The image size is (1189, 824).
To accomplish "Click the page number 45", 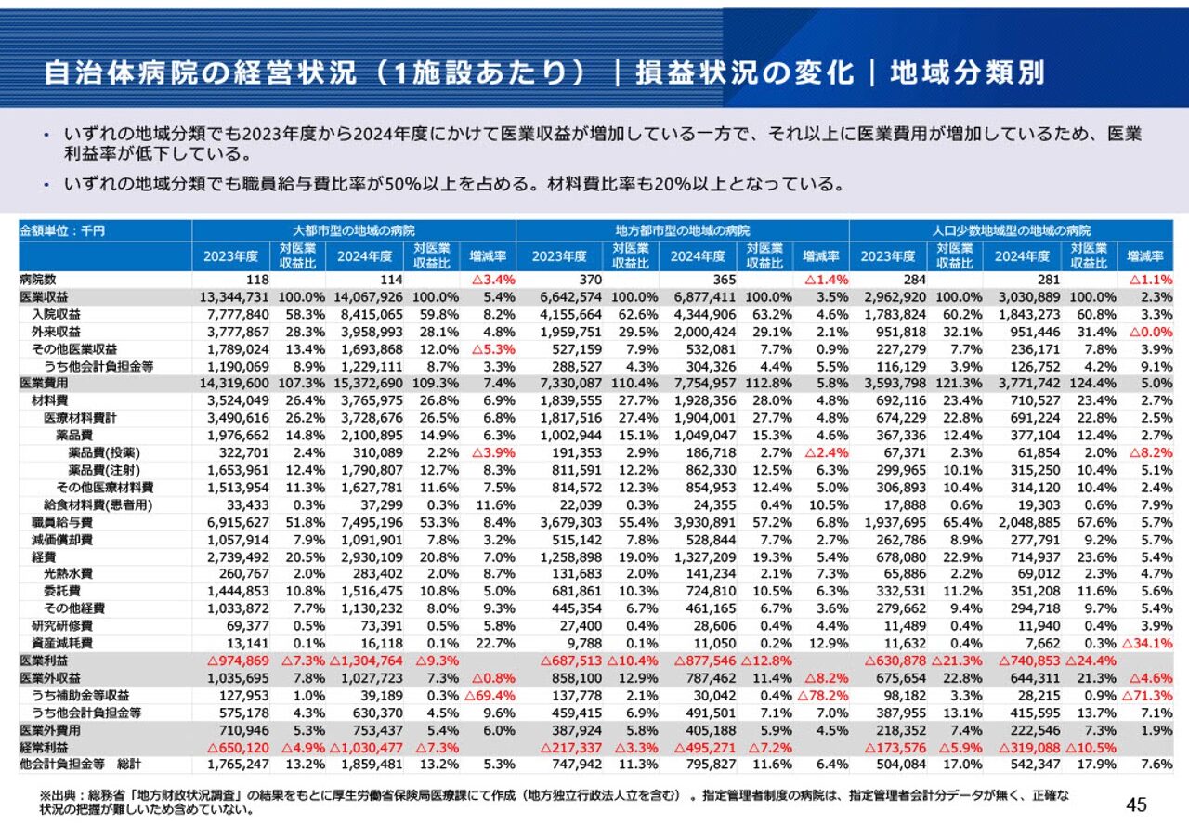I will click(x=1136, y=804).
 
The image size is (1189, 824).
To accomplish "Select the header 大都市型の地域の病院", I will click(x=353, y=229).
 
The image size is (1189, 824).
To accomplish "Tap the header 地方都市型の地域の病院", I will click(x=683, y=229).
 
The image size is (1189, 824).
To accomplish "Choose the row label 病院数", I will click(x=38, y=279).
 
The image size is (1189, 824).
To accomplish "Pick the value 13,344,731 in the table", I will click(x=234, y=296).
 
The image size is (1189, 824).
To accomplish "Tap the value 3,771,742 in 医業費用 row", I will click(x=1024, y=382).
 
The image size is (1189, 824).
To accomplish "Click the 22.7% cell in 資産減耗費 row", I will click(x=496, y=642).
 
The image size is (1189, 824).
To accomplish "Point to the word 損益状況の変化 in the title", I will click(x=743, y=72).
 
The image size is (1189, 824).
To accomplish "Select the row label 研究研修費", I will click(x=62, y=625).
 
